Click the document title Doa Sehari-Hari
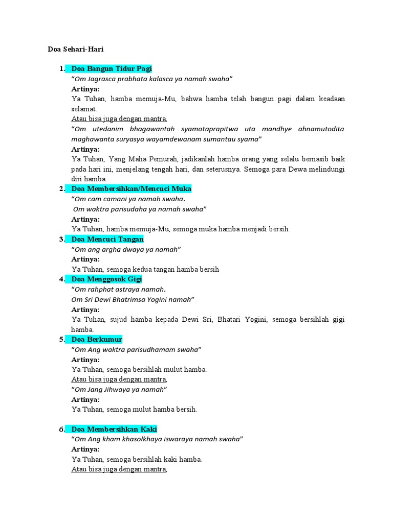pos(75,49)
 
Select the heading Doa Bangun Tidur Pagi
pos(112,68)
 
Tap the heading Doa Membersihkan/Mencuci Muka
pos(131,188)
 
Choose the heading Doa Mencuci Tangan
pos(107,239)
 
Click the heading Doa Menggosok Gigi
pos(106,279)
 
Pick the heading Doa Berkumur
pos(97,339)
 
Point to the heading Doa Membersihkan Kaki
pos(114,429)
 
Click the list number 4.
pos(61,279)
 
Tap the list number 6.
pos(61,429)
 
